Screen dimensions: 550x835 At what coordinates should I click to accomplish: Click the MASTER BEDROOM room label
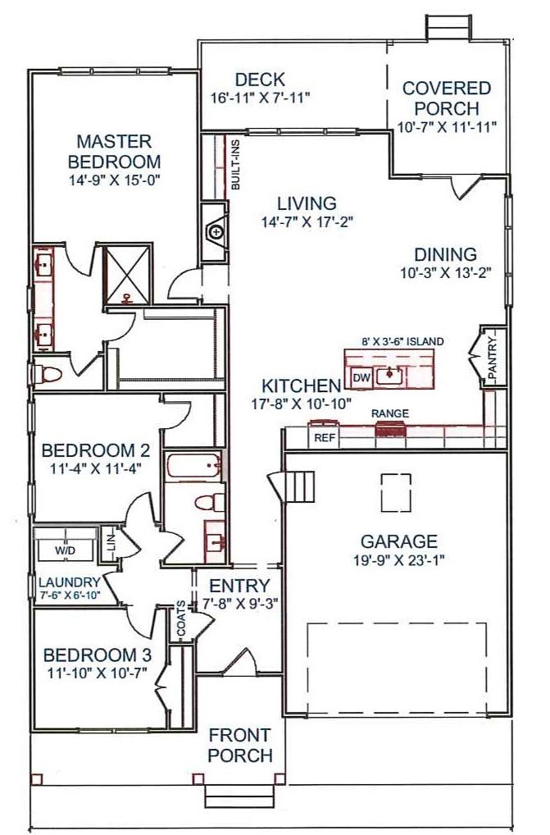[115, 151]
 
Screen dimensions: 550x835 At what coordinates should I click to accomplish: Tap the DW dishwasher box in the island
[361, 378]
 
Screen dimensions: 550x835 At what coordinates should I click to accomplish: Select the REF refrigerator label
[324, 438]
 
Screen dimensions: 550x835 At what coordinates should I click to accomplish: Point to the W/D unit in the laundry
[65, 550]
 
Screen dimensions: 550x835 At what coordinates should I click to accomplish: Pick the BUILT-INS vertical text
[235, 164]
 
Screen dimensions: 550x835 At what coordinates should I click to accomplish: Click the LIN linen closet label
[111, 543]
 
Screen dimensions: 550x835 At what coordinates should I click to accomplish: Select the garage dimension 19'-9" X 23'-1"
[399, 559]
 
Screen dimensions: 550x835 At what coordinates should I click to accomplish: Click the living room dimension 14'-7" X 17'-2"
[307, 221]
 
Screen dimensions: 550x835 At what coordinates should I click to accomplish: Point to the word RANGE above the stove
[390, 413]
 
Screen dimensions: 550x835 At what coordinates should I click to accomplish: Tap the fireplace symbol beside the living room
[216, 232]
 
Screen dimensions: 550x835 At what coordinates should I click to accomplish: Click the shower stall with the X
[127, 275]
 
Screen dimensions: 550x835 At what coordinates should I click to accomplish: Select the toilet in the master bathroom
[48, 374]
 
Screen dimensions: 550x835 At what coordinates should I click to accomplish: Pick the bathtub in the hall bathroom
[193, 467]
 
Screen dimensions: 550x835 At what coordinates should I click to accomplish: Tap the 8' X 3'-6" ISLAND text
[402, 341]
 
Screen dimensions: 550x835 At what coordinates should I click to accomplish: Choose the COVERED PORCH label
[447, 98]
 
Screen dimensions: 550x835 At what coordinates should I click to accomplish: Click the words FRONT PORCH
[240, 745]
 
